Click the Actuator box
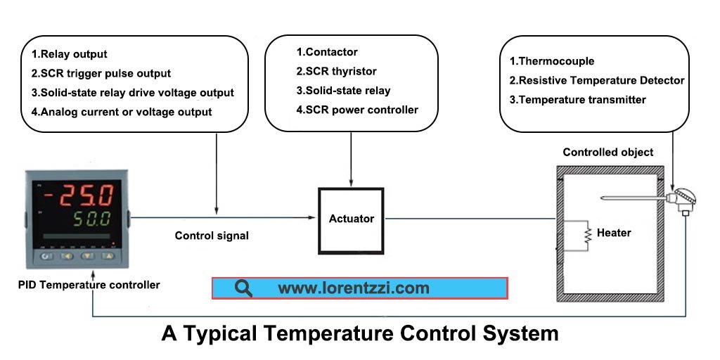(x=352, y=219)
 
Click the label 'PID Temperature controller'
(x=89, y=285)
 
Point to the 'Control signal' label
(x=212, y=236)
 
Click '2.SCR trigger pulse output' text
(x=101, y=73)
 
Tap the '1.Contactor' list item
(x=327, y=52)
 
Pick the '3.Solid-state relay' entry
(x=343, y=90)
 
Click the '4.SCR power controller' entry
(x=357, y=110)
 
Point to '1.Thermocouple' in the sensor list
(x=552, y=61)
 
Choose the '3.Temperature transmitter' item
(x=577, y=100)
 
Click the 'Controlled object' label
(x=608, y=153)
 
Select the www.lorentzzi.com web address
(x=353, y=288)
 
